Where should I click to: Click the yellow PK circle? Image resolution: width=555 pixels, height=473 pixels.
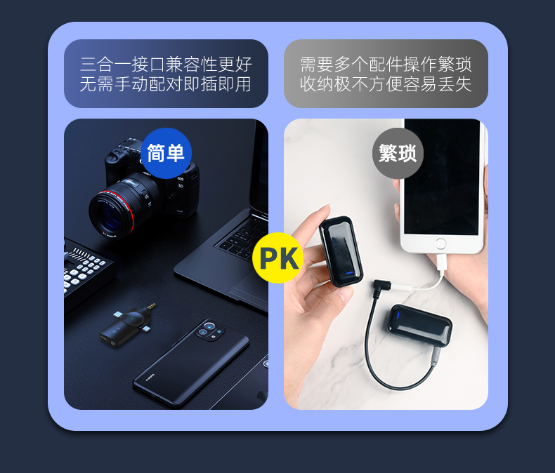(x=278, y=258)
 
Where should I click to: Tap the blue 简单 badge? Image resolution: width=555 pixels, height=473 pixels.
(x=166, y=153)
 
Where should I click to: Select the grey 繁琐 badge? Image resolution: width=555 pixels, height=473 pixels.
(x=398, y=153)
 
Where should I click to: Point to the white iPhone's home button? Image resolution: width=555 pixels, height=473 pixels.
(x=440, y=244)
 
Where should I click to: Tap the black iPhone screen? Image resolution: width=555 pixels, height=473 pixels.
(x=442, y=176)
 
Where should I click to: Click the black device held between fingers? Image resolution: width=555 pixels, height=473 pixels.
(x=341, y=251)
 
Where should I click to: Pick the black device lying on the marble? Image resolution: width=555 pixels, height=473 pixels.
(x=419, y=325)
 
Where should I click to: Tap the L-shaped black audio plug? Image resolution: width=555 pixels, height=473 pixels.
(x=381, y=288)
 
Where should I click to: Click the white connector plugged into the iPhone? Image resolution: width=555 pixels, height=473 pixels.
(x=441, y=263)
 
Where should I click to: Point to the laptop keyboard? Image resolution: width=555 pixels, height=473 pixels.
(x=244, y=236)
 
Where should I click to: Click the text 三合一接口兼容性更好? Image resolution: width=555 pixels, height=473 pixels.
(x=166, y=65)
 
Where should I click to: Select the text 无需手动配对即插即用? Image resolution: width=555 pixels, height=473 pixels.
(x=166, y=84)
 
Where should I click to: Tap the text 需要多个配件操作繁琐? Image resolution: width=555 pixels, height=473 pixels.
(x=386, y=65)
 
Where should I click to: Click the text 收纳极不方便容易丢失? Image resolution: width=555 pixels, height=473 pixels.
(x=386, y=84)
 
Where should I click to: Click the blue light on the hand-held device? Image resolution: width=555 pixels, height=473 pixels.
(x=350, y=272)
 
